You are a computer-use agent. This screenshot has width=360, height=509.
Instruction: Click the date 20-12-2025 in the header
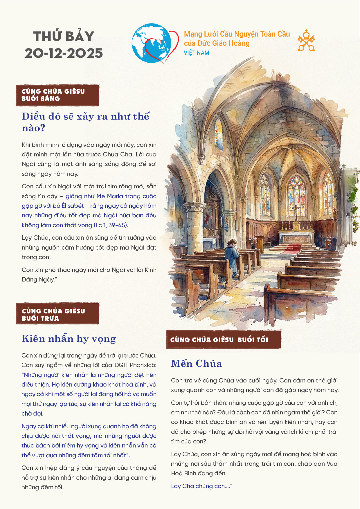pos(64,53)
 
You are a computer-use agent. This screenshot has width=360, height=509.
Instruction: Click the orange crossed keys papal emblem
pos(306,41)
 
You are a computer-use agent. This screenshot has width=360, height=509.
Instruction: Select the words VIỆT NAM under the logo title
pos(197,53)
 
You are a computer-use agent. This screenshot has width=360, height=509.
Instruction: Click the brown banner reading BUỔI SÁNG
pos(58,95)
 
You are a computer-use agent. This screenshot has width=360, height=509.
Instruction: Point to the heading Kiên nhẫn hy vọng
pos(69,339)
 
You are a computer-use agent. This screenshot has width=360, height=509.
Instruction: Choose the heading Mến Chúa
pos(197,364)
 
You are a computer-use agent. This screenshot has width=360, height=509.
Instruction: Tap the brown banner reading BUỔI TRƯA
pos(58,315)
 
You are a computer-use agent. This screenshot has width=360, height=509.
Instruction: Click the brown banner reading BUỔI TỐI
pos(223,340)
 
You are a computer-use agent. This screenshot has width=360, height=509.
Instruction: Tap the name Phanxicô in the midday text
pos(143,365)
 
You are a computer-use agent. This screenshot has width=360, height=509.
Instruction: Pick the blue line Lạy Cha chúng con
pos(201,486)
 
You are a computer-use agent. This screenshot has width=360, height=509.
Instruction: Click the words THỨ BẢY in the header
pos(64,37)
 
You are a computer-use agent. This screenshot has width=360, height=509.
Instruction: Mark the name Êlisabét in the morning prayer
pos(73,206)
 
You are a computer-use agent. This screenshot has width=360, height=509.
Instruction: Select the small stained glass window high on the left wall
pos(219,134)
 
